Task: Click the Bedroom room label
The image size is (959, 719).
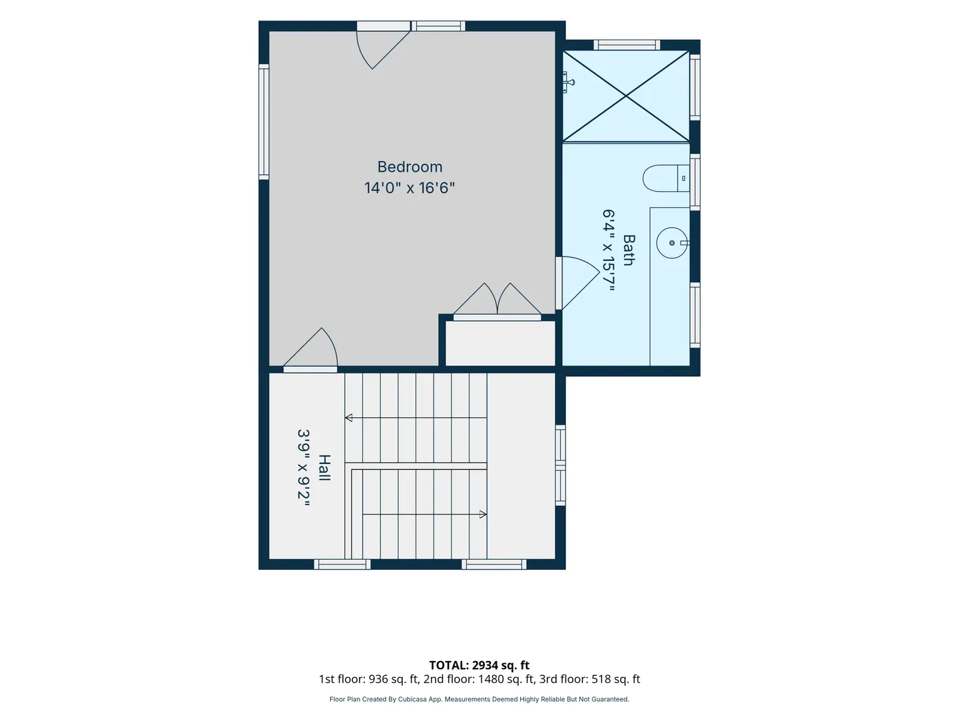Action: (x=410, y=166)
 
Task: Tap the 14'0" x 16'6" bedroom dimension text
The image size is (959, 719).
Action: (x=410, y=188)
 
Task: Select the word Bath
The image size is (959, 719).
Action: (x=628, y=250)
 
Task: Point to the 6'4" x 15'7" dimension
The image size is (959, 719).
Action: (x=609, y=250)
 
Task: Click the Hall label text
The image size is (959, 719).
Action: (x=324, y=467)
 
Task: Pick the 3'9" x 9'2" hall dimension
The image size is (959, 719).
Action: (x=304, y=467)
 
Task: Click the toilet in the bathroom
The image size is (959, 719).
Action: (x=666, y=178)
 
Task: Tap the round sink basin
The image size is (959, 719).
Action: (x=672, y=243)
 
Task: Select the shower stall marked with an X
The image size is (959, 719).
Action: (x=625, y=96)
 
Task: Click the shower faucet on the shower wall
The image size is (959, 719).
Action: (x=567, y=82)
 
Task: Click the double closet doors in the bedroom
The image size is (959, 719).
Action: (x=497, y=301)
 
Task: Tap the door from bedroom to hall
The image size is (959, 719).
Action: (x=310, y=350)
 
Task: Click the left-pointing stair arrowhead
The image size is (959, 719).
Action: (x=349, y=418)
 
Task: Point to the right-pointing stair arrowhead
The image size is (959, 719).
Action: (x=483, y=514)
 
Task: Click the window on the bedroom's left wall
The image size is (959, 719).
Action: (x=264, y=122)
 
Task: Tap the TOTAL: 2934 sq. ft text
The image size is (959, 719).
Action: (x=479, y=665)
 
